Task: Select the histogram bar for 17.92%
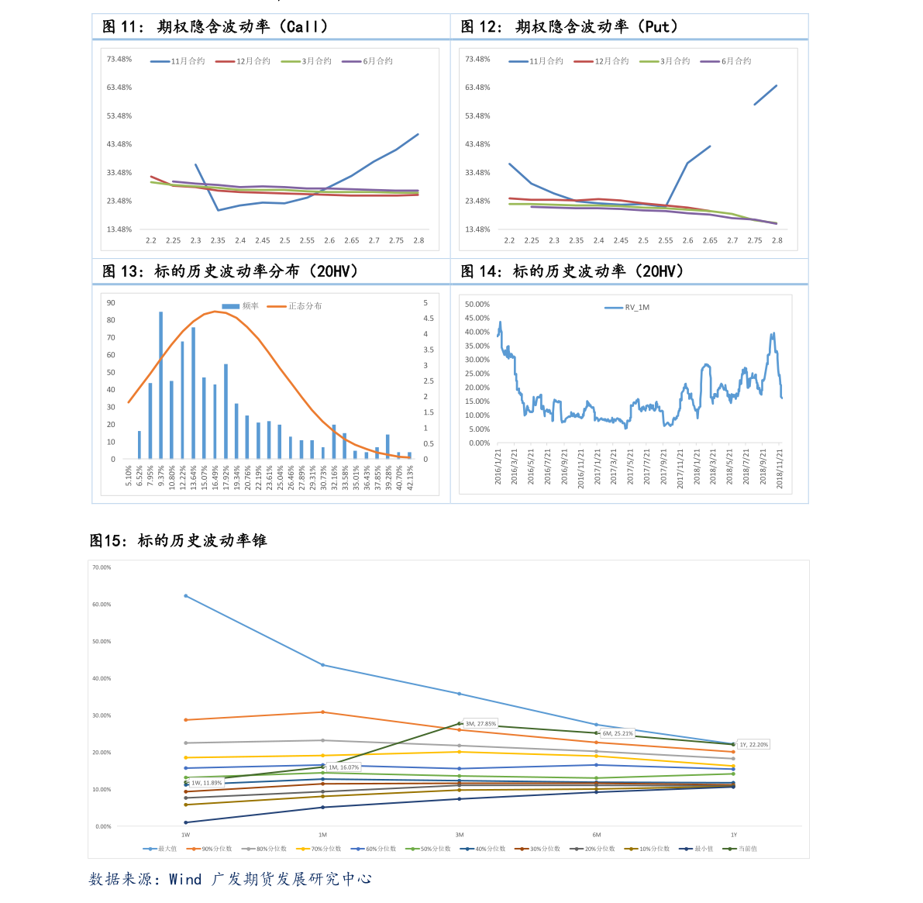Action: (x=226, y=412)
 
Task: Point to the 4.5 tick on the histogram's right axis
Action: (x=428, y=319)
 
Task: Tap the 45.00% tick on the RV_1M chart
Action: (x=477, y=318)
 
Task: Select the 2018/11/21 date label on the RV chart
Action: (x=780, y=467)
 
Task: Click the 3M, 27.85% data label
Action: (x=480, y=724)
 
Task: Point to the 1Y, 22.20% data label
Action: (x=753, y=745)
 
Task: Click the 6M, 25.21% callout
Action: (x=617, y=733)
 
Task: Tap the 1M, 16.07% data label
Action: (x=343, y=767)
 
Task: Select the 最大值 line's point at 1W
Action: (x=186, y=596)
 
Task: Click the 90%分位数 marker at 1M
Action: (x=322, y=712)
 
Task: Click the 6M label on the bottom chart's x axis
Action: (x=597, y=835)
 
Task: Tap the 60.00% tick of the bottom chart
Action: (x=102, y=605)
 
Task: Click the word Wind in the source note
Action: (x=185, y=879)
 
